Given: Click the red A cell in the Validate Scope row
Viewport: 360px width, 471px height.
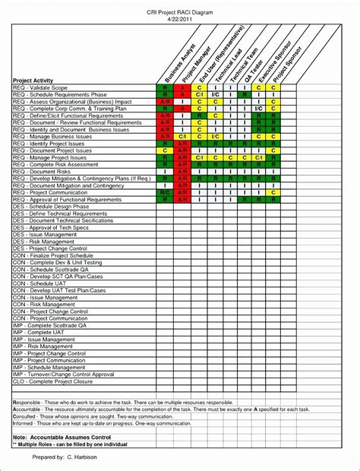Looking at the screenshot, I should click(x=183, y=88).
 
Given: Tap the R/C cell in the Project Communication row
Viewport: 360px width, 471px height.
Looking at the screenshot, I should click(x=165, y=193).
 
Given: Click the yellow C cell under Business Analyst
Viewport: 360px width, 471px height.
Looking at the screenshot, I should click(x=165, y=151).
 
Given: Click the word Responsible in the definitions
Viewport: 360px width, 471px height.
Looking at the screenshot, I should click(x=27, y=402).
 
